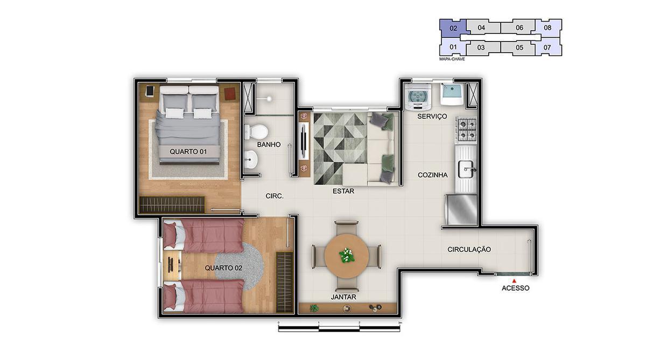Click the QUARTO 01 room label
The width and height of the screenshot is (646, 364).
tap(188, 152)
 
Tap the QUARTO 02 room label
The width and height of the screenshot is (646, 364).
tap(223, 268)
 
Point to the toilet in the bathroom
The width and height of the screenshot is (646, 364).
tap(256, 131)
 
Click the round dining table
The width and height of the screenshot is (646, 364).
tap(347, 255)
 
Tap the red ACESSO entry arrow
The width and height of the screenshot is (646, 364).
tap(515, 280)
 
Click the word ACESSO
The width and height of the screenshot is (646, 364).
tap(515, 288)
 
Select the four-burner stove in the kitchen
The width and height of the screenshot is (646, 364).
tap(466, 130)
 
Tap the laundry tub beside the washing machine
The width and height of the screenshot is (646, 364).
tap(451, 95)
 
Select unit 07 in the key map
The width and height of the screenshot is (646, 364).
tap(547, 47)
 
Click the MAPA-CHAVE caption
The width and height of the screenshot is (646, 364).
tap(452, 59)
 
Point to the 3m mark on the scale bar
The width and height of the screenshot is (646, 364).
tap(399, 322)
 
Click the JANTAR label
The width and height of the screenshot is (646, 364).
tap(344, 297)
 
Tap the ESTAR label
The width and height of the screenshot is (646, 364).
tap(343, 190)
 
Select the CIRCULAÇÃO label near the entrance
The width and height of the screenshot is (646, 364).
tap(469, 249)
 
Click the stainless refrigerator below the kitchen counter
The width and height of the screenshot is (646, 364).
tap(461, 210)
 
